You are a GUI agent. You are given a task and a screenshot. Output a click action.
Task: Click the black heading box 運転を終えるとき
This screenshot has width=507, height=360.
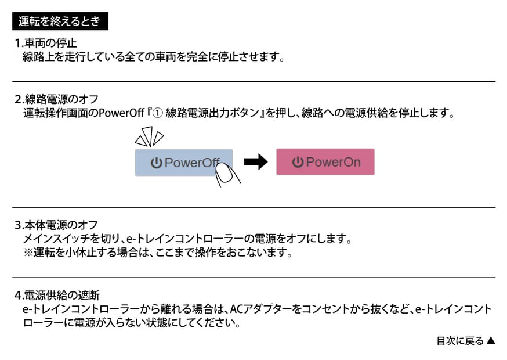point(60,21)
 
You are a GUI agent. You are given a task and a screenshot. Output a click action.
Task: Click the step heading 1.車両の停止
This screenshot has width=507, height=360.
point(46,43)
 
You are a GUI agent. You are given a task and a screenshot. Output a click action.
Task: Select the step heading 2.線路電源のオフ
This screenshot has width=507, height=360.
point(56,99)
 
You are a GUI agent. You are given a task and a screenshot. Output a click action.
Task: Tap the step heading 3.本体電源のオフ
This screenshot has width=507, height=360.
point(56,225)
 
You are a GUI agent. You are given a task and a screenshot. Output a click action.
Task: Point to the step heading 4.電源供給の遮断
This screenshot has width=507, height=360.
point(57,295)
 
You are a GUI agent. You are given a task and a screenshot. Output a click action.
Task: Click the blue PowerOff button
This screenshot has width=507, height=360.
point(184,163)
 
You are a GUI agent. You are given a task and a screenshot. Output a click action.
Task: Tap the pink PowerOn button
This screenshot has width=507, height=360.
point(325,162)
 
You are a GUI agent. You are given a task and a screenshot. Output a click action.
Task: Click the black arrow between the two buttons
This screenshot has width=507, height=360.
point(256,162)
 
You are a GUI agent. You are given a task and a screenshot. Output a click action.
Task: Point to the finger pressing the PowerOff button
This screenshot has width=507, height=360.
point(227,175)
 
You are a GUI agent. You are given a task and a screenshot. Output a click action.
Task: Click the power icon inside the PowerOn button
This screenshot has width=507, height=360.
point(298,162)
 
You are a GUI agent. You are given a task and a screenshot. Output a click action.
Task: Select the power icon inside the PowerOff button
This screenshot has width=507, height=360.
point(157,163)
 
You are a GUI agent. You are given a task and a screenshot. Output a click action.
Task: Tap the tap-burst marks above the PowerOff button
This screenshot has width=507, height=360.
point(149,136)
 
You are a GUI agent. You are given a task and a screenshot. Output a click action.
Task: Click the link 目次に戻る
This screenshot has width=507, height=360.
point(460,341)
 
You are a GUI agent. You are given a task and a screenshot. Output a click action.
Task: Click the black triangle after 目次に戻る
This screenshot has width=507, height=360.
point(491,341)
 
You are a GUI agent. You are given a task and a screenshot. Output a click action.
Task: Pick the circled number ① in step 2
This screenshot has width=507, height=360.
point(157,113)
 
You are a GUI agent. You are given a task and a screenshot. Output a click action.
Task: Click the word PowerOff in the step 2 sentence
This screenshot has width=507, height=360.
point(121,113)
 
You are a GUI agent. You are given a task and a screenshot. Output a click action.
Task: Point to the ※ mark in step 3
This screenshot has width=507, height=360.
point(28,253)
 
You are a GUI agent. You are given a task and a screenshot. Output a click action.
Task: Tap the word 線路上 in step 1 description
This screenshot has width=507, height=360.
point(38,57)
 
